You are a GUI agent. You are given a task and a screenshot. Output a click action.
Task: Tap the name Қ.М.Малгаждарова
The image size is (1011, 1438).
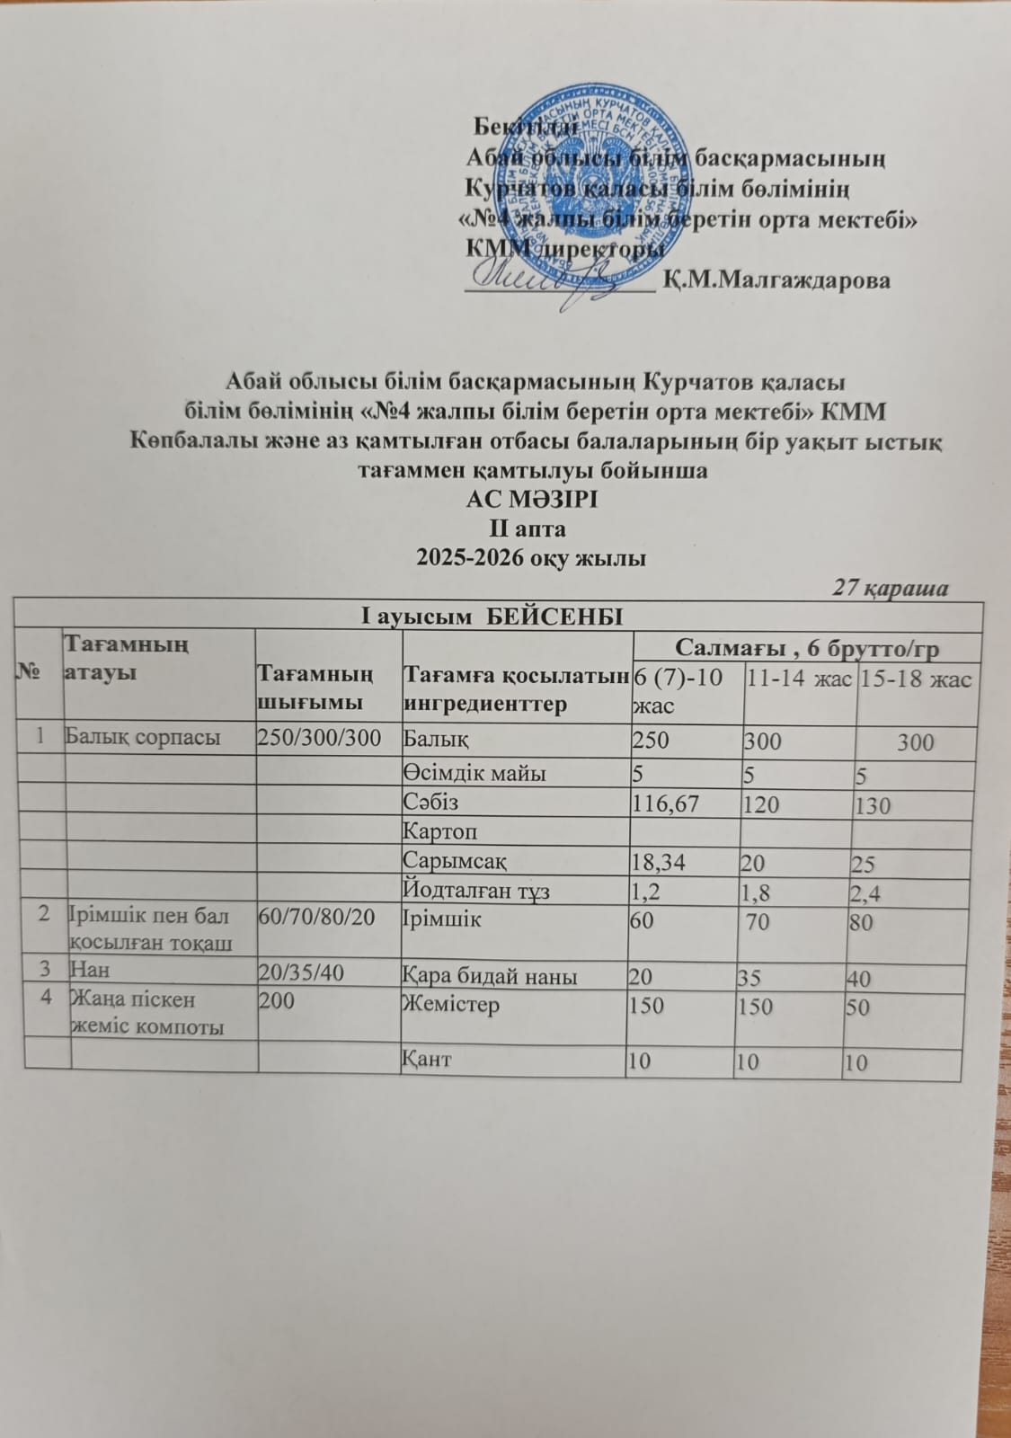[776, 280]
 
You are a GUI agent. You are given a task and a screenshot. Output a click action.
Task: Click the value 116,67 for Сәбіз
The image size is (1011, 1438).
[665, 802]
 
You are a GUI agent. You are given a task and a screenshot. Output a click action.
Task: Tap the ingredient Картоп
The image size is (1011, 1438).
[440, 831]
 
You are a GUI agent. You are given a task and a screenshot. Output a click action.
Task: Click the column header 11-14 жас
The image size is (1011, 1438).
[798, 679]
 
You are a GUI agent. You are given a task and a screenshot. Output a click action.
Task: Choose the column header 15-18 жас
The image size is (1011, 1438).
[914, 679]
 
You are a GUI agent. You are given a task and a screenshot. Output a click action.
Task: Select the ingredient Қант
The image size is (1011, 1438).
[428, 1059]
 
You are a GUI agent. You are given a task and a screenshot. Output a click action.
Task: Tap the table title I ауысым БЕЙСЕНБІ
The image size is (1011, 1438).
[491, 617]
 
